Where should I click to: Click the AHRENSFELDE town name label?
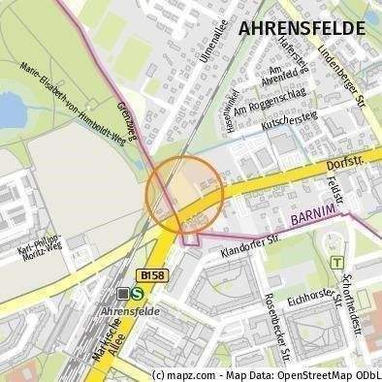tap(302, 28)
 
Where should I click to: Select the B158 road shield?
tap(149, 275)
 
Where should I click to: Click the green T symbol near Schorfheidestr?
tap(336, 262)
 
